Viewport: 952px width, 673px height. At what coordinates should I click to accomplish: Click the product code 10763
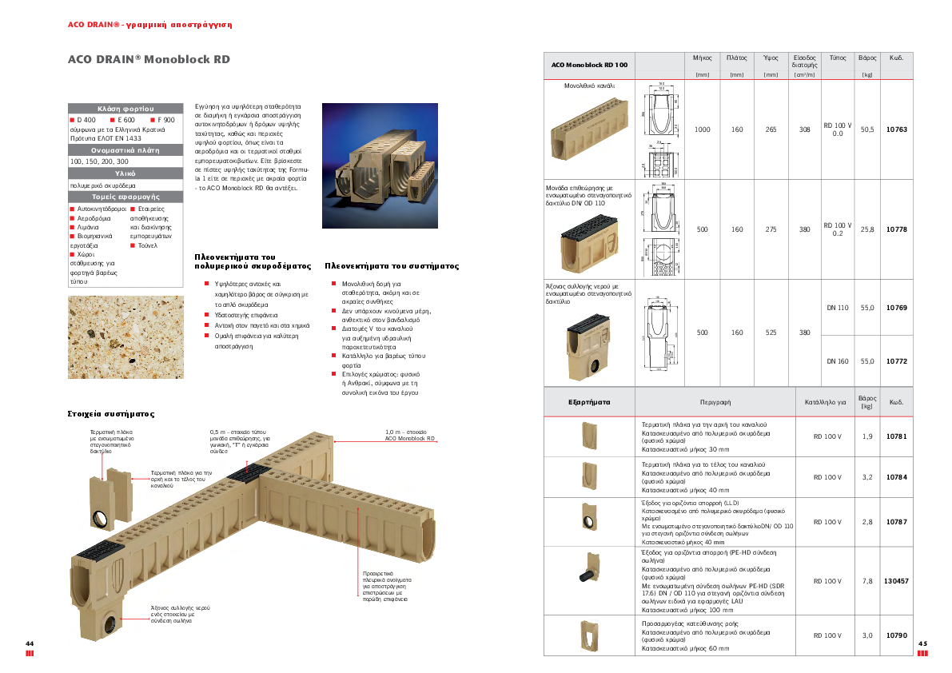[896, 129]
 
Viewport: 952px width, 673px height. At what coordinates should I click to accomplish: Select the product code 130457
[896, 581]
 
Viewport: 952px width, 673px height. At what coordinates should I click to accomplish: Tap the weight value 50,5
[866, 129]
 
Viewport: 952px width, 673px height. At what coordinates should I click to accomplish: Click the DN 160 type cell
[837, 361]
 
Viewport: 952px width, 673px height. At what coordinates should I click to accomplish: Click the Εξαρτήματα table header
[589, 402]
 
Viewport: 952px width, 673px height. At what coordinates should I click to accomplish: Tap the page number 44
[30, 643]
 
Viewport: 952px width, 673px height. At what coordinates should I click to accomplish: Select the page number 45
[922, 643]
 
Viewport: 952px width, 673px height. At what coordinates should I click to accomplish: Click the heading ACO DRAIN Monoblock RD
[149, 59]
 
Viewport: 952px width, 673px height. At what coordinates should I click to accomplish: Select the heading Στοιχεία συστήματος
[111, 414]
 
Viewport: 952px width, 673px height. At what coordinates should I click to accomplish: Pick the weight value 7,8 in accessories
[866, 581]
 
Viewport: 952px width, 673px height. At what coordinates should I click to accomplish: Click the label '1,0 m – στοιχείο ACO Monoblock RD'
[410, 435]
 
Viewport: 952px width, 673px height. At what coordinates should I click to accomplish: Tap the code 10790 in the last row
[896, 635]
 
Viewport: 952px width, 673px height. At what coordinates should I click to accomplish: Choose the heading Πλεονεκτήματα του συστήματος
[392, 265]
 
